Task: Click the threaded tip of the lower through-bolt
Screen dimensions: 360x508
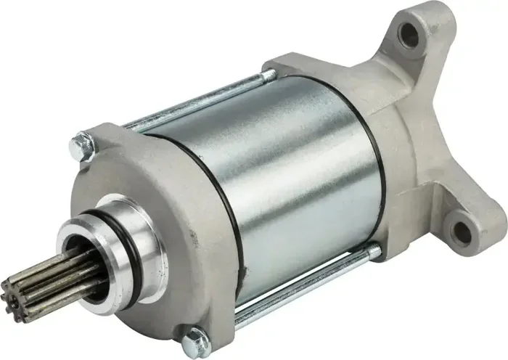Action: point(374,252)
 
